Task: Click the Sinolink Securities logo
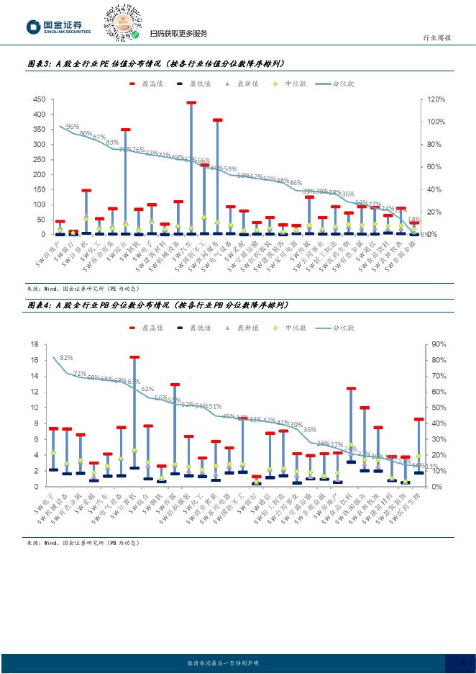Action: (58, 27)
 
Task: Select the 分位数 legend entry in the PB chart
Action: (337, 328)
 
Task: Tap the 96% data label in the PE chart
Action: (73, 126)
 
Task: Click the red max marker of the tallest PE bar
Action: (191, 103)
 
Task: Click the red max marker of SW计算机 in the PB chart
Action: (134, 357)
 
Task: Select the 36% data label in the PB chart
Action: (310, 430)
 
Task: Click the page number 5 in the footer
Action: (462, 662)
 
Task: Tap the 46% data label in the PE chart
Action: (296, 183)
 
